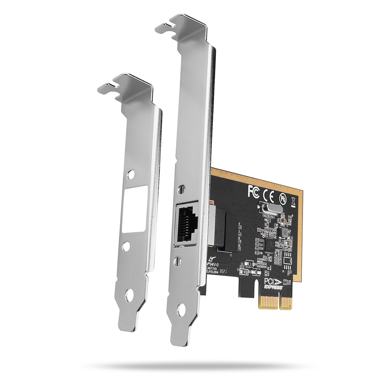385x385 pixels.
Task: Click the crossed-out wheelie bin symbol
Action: tap(293, 201)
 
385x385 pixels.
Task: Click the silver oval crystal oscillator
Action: tap(269, 209)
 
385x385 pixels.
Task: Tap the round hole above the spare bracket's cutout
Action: tap(131, 174)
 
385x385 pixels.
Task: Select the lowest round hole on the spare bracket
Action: tap(129, 296)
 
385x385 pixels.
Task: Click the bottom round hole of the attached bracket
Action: tap(181, 310)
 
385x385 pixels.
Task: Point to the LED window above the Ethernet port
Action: tap(181, 190)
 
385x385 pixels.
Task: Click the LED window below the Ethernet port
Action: tap(177, 260)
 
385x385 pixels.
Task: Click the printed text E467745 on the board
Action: tap(212, 268)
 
